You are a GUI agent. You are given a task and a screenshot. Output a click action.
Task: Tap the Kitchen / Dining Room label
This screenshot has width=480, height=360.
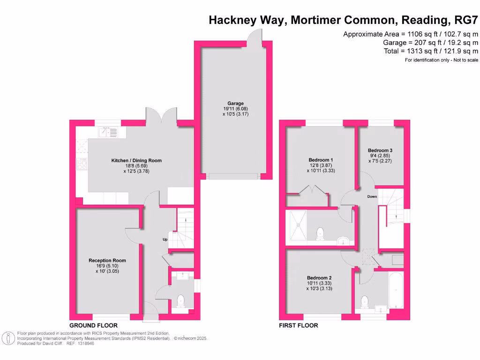click(136, 160)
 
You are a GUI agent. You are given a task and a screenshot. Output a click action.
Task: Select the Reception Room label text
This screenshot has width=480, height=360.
click(107, 261)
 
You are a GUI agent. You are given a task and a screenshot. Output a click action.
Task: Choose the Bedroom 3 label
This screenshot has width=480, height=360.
click(380, 150)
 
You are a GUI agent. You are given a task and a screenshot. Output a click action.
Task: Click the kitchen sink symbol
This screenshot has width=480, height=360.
click(108, 133)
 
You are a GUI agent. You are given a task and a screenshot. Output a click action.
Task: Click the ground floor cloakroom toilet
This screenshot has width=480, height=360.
click(180, 300)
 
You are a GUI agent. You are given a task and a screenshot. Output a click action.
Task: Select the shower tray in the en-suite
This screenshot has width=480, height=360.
click(298, 225)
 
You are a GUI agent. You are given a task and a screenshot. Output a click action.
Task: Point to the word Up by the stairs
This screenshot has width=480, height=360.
click(165, 240)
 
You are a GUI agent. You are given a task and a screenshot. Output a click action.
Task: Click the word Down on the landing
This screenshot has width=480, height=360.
click(372, 196)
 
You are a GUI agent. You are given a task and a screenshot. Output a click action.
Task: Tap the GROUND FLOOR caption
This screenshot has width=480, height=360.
click(93, 325)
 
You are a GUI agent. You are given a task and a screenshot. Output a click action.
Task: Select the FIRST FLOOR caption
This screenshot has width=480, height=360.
click(298, 325)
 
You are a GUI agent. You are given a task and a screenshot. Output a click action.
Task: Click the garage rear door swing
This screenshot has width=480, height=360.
click(257, 35)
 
